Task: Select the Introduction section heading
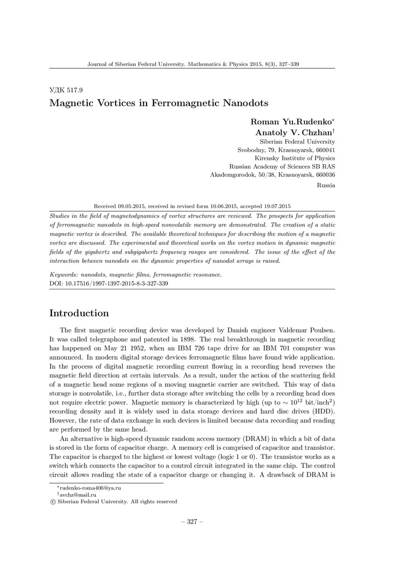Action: pos(79,313)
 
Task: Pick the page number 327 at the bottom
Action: pos(193,521)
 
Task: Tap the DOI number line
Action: pos(109,284)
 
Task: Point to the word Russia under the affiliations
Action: pos(326,185)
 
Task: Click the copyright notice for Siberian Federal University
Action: pos(113,502)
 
